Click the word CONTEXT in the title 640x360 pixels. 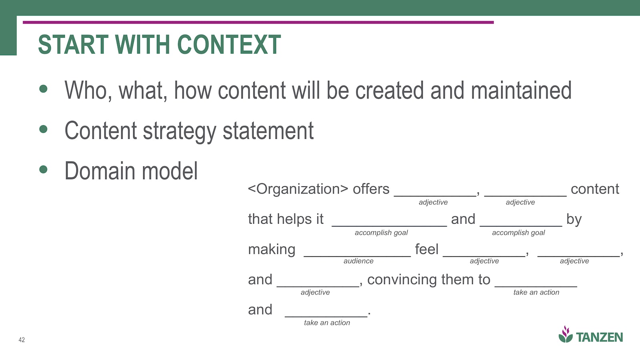click(x=229, y=44)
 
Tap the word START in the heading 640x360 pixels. click(x=73, y=44)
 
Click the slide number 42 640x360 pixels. click(x=22, y=340)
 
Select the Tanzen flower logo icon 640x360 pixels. click(x=566, y=334)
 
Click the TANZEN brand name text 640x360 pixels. click(x=599, y=338)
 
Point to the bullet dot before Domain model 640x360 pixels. click(x=43, y=170)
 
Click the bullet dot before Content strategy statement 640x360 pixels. click(x=43, y=129)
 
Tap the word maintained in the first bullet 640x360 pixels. click(x=521, y=90)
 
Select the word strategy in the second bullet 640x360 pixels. click(x=179, y=132)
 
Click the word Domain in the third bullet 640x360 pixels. click(x=100, y=171)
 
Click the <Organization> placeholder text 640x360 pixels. click(x=298, y=189)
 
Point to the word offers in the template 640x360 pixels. click(x=371, y=189)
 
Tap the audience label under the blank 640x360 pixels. click(x=358, y=261)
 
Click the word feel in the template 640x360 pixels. click(x=426, y=249)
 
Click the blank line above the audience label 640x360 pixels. click(x=357, y=256)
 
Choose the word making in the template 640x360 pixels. click(x=272, y=250)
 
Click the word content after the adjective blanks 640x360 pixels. click(x=595, y=189)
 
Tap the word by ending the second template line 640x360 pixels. click(x=574, y=220)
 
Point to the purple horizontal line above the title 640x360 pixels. click(x=258, y=22)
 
